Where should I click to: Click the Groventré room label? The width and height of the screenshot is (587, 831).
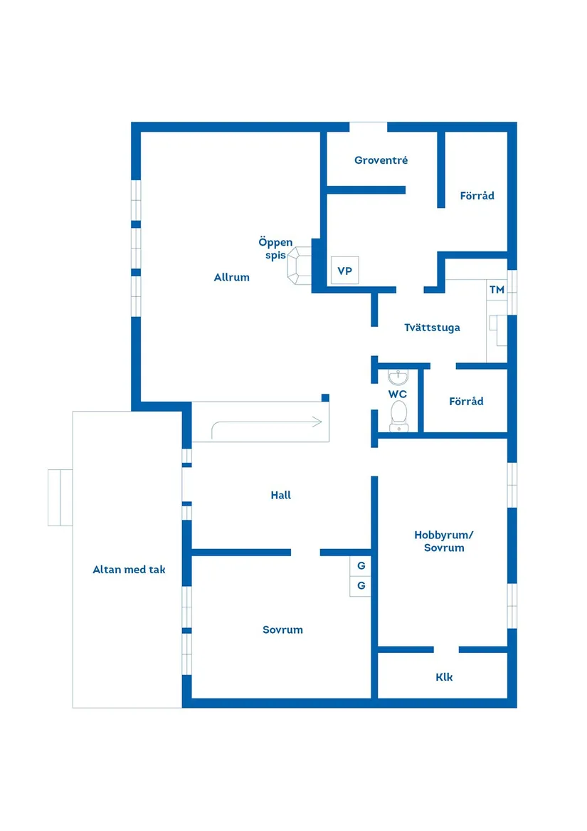tap(381, 160)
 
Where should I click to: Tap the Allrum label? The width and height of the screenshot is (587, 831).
tap(231, 277)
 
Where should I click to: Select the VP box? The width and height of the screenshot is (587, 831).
tap(345, 271)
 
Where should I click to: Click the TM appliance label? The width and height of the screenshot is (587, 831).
tap(497, 289)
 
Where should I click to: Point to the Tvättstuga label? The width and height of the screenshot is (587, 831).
tap(432, 328)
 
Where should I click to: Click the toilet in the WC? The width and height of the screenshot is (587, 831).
tap(399, 416)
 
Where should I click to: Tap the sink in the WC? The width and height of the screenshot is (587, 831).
tap(398, 377)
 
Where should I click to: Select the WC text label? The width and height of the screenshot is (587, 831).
tap(397, 394)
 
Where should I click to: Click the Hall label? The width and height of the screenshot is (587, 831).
tap(281, 495)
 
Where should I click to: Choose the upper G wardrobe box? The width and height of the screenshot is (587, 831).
tap(360, 565)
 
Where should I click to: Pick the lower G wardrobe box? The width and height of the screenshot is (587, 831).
tap(360, 586)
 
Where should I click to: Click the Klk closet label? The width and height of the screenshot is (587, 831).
tap(444, 676)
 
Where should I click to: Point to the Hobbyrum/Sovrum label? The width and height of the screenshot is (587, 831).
tap(444, 541)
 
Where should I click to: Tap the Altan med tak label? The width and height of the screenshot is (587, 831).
tap(129, 570)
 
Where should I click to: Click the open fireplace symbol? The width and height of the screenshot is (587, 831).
tap(300, 266)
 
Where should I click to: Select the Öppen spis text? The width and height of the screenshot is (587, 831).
tap(275, 249)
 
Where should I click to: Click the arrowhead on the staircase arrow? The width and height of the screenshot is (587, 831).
tap(317, 422)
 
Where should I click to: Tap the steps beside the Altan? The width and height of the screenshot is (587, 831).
tap(60, 497)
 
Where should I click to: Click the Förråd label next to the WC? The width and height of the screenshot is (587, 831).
tap(466, 401)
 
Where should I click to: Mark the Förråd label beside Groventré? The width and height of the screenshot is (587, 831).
tap(477, 196)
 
